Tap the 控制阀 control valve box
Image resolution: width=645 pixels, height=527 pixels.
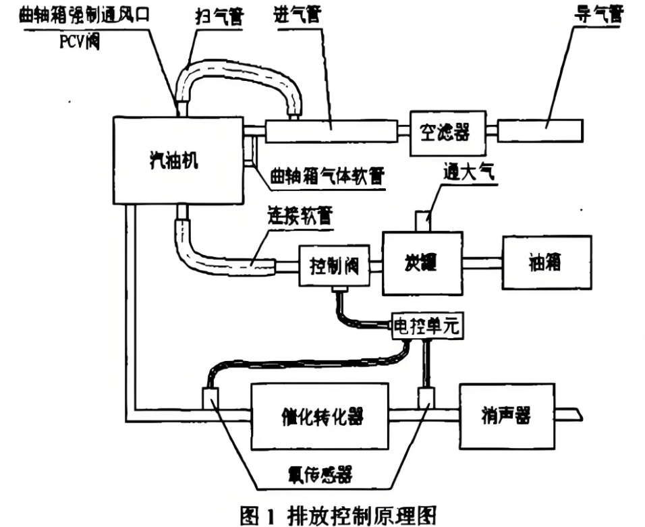[334, 265]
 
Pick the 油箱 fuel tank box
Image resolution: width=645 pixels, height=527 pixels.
[546, 263]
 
